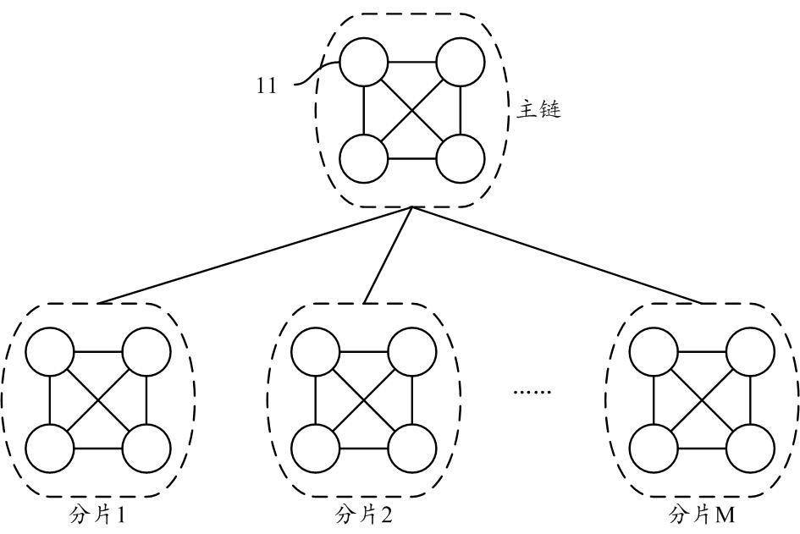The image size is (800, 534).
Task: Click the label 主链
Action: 538,110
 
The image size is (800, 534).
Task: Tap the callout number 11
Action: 267,85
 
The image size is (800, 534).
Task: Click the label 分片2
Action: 364,515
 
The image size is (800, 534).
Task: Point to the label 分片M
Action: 702,515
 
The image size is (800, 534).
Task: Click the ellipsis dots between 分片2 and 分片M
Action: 532,392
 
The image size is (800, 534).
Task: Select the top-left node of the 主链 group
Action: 363,63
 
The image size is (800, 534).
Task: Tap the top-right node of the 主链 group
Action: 461,63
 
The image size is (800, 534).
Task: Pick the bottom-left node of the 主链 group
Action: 363,158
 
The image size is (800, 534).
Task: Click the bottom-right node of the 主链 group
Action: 461,158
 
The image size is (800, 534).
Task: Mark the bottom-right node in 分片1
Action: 146,448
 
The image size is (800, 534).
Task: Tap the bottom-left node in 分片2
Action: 316,448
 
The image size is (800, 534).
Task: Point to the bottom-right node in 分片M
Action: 750,448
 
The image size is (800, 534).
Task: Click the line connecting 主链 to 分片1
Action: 254,255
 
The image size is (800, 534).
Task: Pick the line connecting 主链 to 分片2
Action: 388,255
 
